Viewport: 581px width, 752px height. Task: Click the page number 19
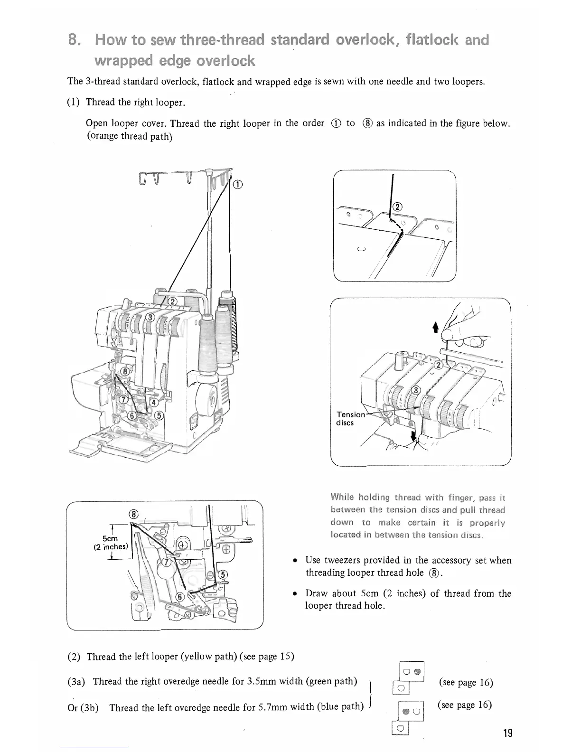(x=507, y=733)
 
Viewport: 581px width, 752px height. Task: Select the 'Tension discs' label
(x=350, y=419)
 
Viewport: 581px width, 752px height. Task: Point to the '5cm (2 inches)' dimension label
(x=110, y=543)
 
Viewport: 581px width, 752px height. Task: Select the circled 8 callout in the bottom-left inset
(x=134, y=514)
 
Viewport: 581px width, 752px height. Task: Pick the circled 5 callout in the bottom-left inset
(x=224, y=573)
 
